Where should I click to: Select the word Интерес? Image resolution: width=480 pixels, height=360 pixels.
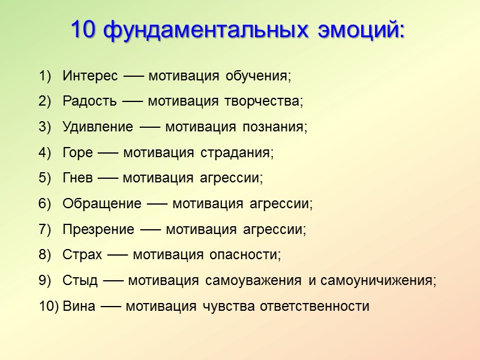[x=90, y=77]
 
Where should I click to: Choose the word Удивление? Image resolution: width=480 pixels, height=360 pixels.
[x=97, y=127]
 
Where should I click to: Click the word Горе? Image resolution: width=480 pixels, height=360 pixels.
[x=77, y=153]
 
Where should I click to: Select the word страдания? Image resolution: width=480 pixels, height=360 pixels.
[x=245, y=153]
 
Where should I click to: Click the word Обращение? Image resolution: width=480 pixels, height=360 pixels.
[x=101, y=203]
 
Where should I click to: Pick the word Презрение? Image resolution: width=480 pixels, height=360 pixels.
[x=98, y=229]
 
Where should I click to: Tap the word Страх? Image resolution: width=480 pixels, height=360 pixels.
[x=82, y=254]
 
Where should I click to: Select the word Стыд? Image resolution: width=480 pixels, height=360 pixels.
[x=80, y=280]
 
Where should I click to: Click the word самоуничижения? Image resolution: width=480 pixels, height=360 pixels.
[x=378, y=280]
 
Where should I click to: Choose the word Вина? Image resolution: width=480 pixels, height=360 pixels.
[x=79, y=306]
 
